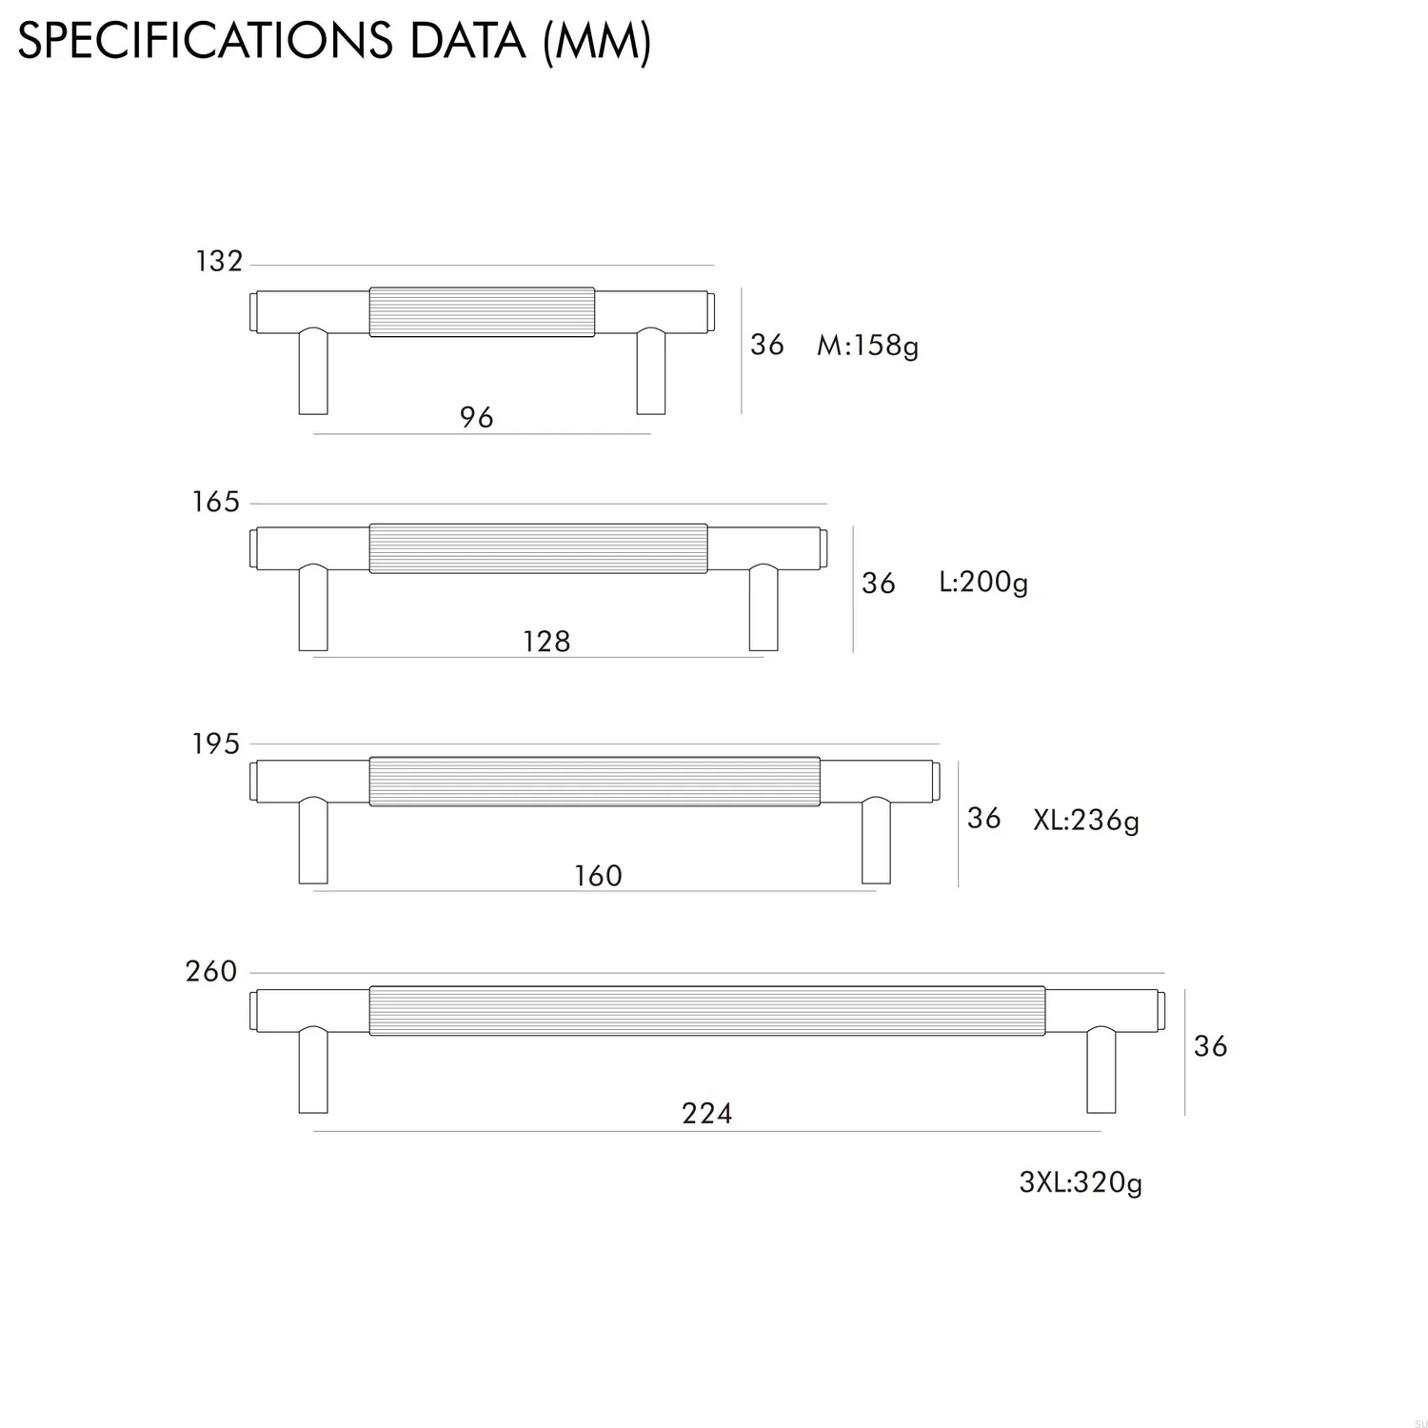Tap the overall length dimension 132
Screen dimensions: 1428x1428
coord(219,261)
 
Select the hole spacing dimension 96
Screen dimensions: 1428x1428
coord(476,417)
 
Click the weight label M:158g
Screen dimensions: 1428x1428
coord(867,345)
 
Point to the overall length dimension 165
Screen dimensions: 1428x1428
coord(216,502)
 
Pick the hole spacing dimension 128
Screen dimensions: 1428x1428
coord(546,642)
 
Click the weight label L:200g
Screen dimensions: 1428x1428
coord(983,582)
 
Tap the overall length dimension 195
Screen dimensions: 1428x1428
coord(216,744)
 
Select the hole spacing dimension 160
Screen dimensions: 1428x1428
coord(598,876)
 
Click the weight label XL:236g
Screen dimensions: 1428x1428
coord(1086,820)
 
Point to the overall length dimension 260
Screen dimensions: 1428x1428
coord(211,972)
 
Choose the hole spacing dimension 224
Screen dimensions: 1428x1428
coord(707,1113)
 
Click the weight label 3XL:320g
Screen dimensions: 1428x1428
coord(1081,1182)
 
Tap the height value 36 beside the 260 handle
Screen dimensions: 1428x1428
coord(1210,1046)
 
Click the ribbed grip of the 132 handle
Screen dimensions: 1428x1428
coord(482,311)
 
